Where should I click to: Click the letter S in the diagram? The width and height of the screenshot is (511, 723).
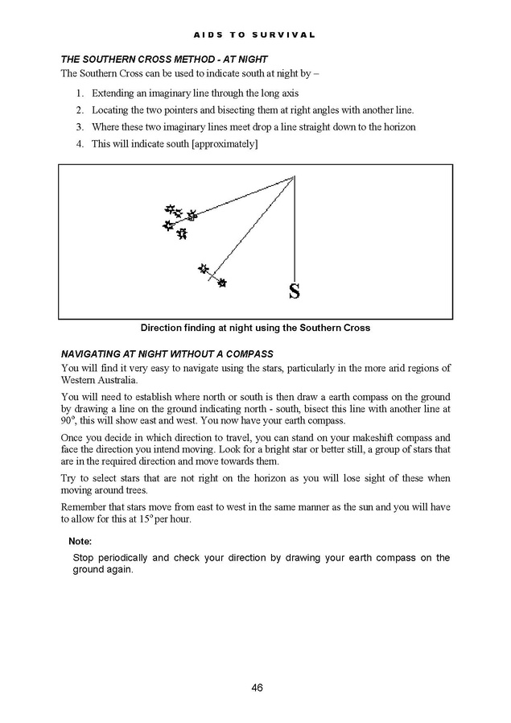[295, 291]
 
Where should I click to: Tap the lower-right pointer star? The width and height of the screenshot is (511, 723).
[222, 283]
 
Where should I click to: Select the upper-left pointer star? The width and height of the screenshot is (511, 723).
[204, 268]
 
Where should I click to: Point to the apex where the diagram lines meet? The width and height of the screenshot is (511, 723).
[295, 176]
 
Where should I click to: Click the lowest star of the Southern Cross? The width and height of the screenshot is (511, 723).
[183, 233]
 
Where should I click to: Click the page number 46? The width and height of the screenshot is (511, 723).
[257, 687]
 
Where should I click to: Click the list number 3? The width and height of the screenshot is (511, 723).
[80, 127]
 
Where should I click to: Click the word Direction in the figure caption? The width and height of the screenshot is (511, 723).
[167, 328]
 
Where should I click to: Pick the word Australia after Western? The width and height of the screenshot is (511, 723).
[117, 380]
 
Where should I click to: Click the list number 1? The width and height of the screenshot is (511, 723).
[80, 93]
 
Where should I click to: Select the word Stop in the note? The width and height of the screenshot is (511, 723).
[84, 557]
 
